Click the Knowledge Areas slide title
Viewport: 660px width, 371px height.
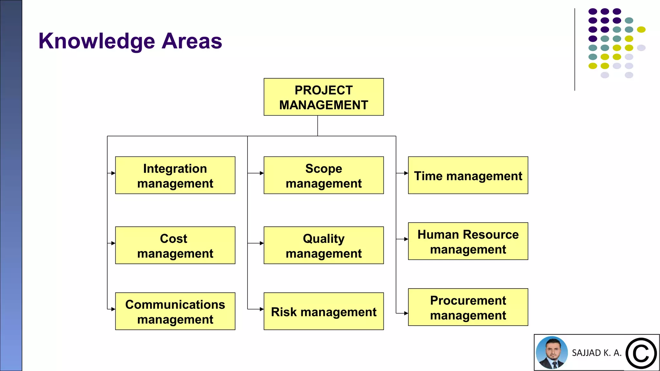click(x=130, y=41)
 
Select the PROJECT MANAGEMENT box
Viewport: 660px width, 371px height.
click(x=324, y=97)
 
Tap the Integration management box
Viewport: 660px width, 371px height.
click(x=175, y=175)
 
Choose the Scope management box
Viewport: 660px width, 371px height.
click(x=324, y=175)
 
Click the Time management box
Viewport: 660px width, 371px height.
click(x=468, y=175)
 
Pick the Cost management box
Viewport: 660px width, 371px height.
click(x=175, y=245)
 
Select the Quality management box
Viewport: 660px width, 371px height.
click(x=324, y=245)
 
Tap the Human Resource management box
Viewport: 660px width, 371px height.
click(x=468, y=241)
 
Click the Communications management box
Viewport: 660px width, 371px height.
click(x=175, y=311)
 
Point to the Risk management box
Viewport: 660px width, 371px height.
click(x=324, y=311)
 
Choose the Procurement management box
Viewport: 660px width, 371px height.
click(x=468, y=307)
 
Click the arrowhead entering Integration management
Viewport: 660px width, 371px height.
click(x=113, y=173)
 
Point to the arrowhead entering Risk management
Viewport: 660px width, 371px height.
click(x=262, y=309)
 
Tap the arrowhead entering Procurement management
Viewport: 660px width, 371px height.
click(x=406, y=313)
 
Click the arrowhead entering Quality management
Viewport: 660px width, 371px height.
click(x=262, y=243)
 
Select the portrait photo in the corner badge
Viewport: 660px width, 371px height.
click(x=552, y=353)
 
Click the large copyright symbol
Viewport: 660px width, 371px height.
click(x=641, y=353)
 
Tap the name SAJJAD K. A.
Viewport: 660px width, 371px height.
click(x=597, y=353)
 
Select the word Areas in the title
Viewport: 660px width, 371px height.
click(x=192, y=41)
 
